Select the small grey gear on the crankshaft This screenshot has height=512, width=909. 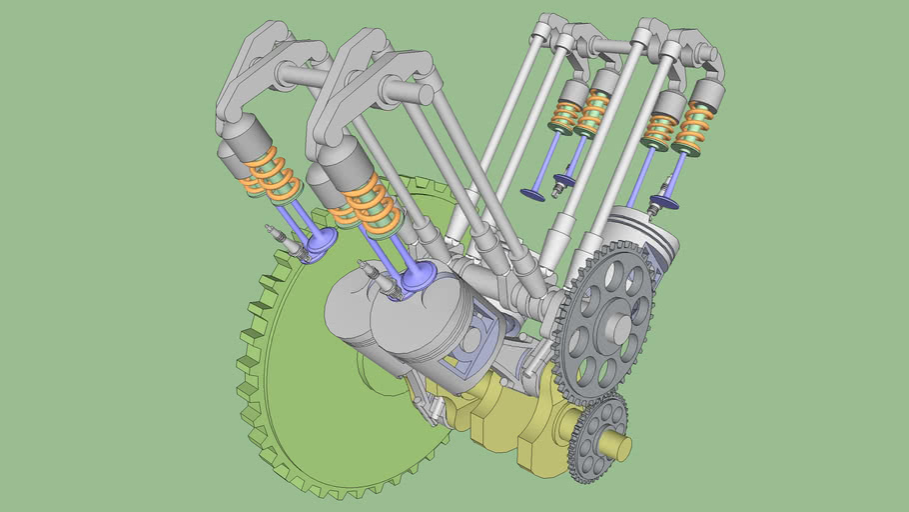tap(597, 437)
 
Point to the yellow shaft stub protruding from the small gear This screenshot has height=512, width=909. tap(621, 449)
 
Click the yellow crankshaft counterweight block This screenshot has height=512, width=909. tap(499, 420)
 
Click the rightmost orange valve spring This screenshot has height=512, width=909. tap(692, 128)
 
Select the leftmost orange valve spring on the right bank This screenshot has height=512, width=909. tap(566, 118)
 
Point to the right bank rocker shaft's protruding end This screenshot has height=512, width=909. tap(540, 33)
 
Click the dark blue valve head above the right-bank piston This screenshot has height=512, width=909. tap(663, 203)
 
